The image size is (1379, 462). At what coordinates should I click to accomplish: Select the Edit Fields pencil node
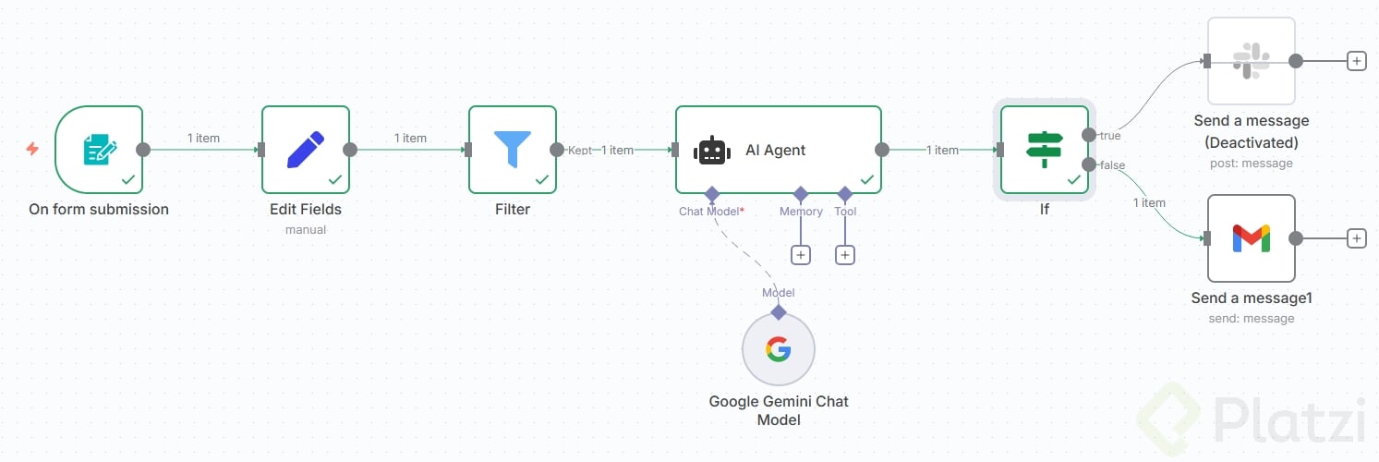click(306, 150)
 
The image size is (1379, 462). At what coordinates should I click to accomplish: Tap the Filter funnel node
click(513, 150)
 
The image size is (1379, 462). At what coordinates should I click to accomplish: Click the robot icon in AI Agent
click(712, 151)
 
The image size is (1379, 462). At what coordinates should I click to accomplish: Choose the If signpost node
click(1045, 150)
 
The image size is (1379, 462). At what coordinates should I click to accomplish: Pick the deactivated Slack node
click(1252, 61)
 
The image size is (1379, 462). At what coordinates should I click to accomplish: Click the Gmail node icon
click(1252, 238)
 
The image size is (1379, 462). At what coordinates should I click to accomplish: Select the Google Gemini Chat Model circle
click(779, 349)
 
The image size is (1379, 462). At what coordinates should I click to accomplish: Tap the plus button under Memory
click(801, 254)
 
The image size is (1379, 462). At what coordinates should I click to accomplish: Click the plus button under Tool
click(845, 254)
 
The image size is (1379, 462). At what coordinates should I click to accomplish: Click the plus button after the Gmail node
click(1356, 238)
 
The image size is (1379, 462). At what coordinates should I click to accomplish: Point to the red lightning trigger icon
click(32, 149)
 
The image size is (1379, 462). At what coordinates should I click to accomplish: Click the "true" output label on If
click(1110, 136)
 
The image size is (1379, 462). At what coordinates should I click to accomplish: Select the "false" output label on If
click(1112, 164)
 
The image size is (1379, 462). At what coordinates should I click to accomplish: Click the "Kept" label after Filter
click(580, 150)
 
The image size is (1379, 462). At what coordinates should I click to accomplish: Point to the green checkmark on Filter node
click(542, 179)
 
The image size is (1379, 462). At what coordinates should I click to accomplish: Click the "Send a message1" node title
click(1252, 298)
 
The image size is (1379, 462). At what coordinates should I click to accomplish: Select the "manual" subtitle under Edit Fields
click(306, 229)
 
